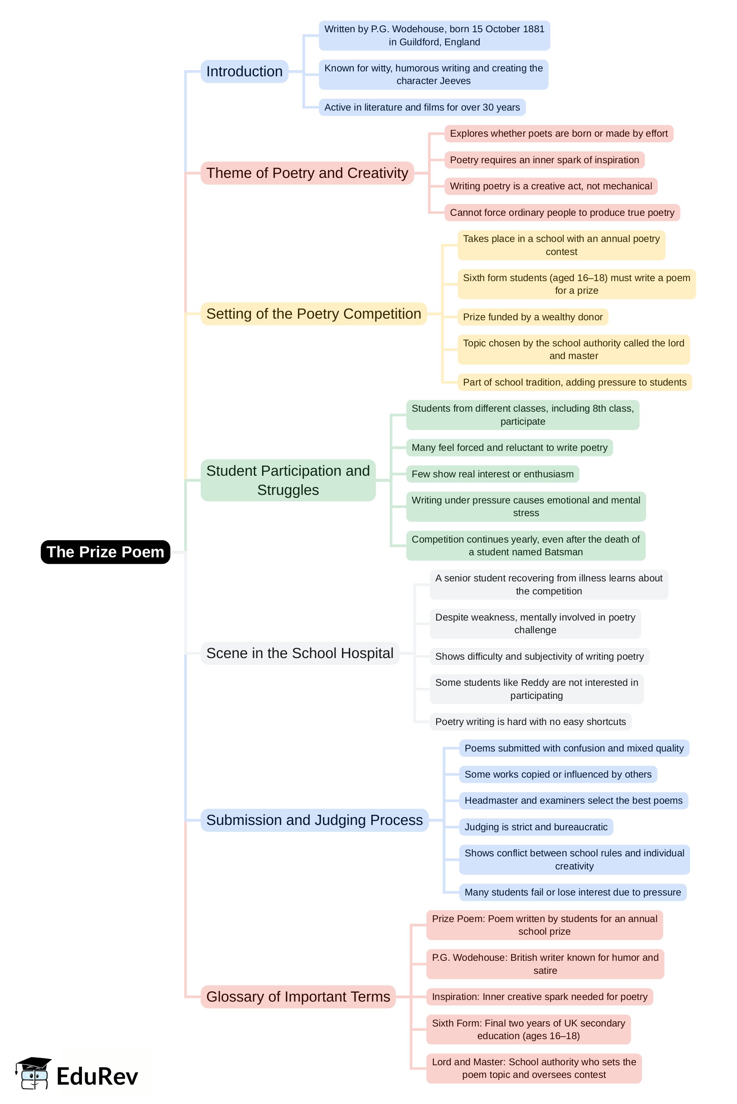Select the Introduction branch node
[245, 71]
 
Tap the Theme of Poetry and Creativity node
[307, 173]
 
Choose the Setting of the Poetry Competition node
[313, 314]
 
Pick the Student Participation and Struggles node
[288, 480]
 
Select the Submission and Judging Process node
[314, 820]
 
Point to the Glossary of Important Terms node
[298, 997]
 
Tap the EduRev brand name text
[97, 1076]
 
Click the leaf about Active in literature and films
[421, 107]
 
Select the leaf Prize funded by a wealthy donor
[532, 317]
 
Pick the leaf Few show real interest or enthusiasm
[492, 474]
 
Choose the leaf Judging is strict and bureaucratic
[535, 827]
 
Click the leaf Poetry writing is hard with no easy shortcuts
[530, 722]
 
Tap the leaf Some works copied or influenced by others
[558, 774]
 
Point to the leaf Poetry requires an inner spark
[544, 160]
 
